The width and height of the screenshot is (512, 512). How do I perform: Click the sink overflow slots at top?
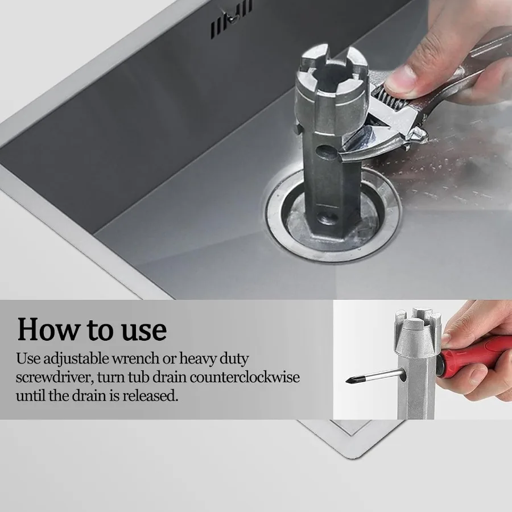(231, 23)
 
